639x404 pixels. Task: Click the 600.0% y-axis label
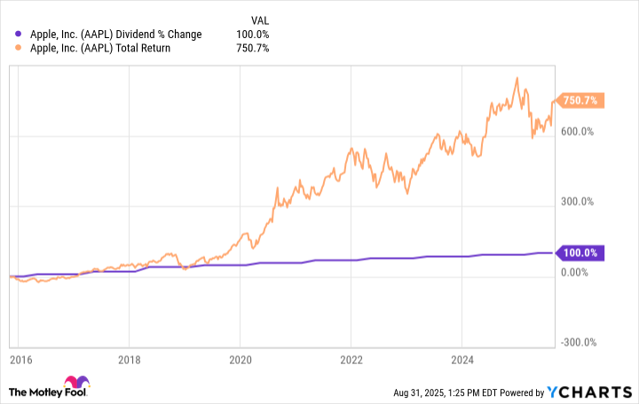(x=576, y=132)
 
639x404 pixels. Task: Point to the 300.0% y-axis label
(x=576, y=202)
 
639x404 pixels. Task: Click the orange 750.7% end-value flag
(x=580, y=101)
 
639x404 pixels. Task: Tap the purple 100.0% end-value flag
(x=580, y=253)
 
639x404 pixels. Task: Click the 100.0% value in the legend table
(x=253, y=35)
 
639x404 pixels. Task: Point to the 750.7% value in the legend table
(x=253, y=48)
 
